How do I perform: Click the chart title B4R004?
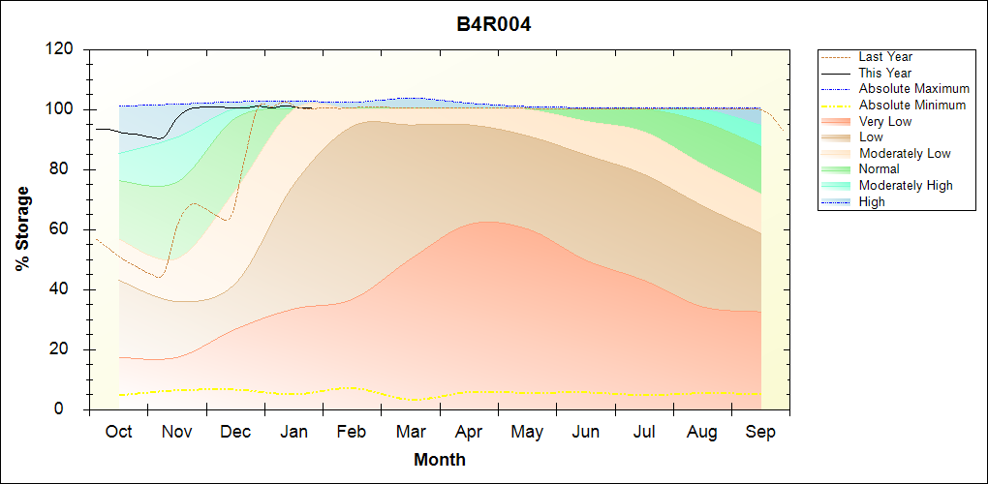pos(494,24)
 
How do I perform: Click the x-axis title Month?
pos(440,460)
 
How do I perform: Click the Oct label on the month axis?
pos(118,432)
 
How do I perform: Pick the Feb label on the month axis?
pos(352,432)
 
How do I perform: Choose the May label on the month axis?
pos(527,432)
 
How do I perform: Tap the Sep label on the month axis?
pos(760,432)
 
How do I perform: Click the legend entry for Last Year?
pos(885,57)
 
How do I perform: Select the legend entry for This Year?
pos(885,73)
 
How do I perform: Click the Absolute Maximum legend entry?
pos(913,89)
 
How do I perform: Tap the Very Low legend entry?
pos(885,121)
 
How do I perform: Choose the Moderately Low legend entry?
pos(905,153)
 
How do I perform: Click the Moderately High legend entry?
pos(906,186)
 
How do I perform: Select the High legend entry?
pos(872,201)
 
